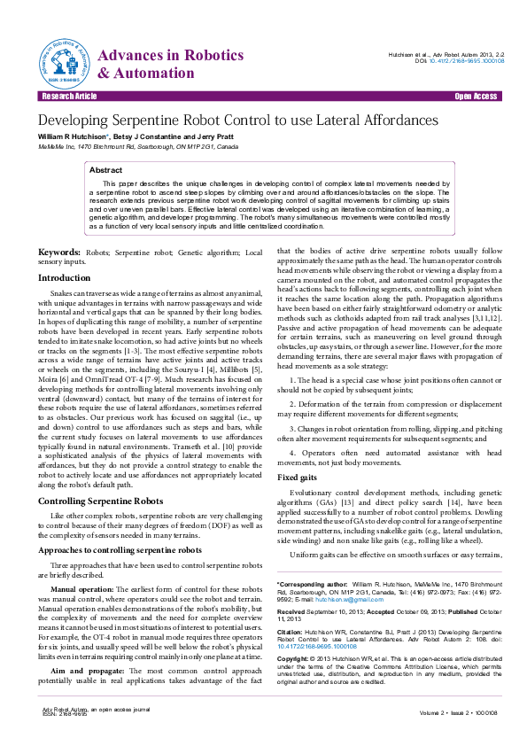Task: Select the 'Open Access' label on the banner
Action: pyautogui.click(x=476, y=96)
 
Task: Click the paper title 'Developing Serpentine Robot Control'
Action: pyautogui.click(x=237, y=120)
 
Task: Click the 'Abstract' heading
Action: pyautogui.click(x=106, y=168)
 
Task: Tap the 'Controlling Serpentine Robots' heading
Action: pyautogui.click(x=97, y=501)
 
